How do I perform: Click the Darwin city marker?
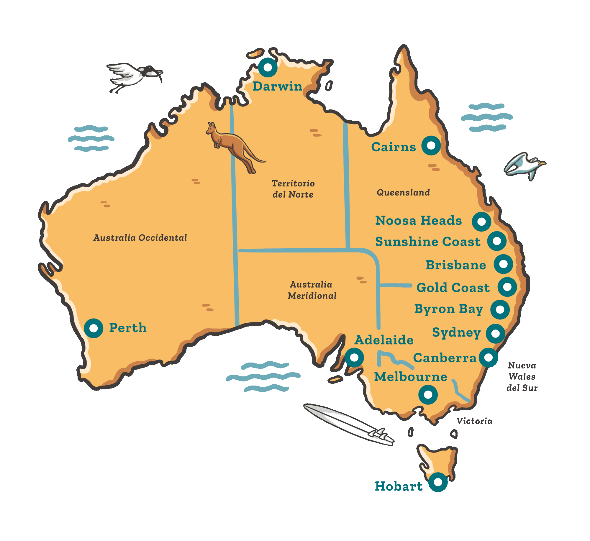click(x=268, y=67)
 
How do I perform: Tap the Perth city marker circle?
click(x=94, y=328)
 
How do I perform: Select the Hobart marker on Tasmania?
click(x=438, y=482)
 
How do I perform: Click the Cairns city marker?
click(x=431, y=145)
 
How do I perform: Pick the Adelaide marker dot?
click(x=354, y=358)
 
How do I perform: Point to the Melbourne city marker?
click(x=428, y=395)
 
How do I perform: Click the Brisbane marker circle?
click(x=504, y=264)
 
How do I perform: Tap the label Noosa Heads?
click(x=418, y=221)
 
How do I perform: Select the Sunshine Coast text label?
click(x=428, y=242)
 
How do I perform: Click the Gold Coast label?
click(x=453, y=288)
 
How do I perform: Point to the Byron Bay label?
click(x=448, y=309)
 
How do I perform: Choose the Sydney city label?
click(x=456, y=332)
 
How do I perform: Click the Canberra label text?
click(x=445, y=358)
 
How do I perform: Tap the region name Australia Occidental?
click(x=140, y=238)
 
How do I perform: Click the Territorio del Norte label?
click(x=293, y=189)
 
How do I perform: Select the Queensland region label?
click(x=403, y=193)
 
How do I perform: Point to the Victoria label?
click(x=474, y=421)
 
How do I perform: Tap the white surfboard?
click(x=348, y=424)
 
